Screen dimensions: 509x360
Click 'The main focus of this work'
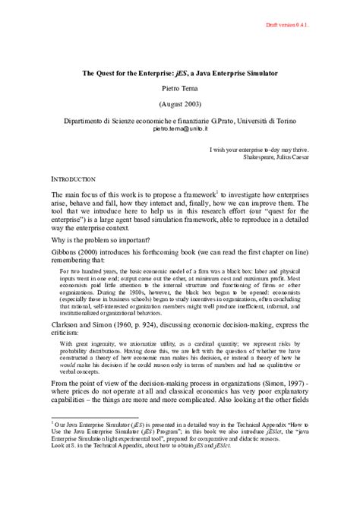[101, 194]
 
